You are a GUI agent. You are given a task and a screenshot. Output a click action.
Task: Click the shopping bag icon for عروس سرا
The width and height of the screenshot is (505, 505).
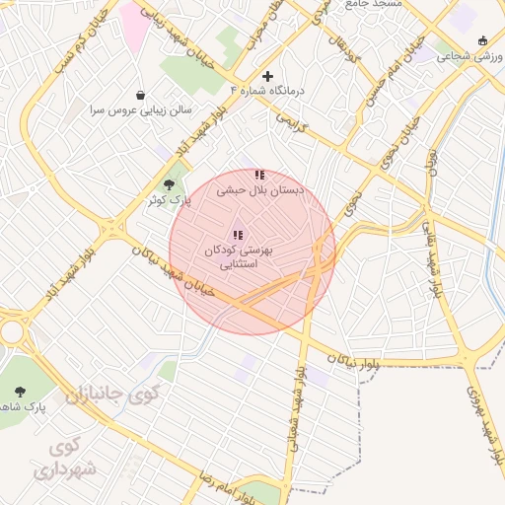[x=141, y=95]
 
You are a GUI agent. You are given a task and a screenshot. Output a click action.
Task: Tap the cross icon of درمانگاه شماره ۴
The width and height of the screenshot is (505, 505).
[x=267, y=76]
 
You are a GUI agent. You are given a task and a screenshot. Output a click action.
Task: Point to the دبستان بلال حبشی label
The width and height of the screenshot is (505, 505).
[x=260, y=189]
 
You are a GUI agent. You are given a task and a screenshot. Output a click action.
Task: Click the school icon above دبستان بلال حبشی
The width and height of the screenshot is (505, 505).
[x=259, y=175]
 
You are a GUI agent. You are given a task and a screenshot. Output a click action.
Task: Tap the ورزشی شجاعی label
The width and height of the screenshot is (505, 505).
[x=471, y=56]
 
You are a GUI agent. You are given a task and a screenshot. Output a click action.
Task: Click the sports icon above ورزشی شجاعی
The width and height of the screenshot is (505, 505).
[x=481, y=40]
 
